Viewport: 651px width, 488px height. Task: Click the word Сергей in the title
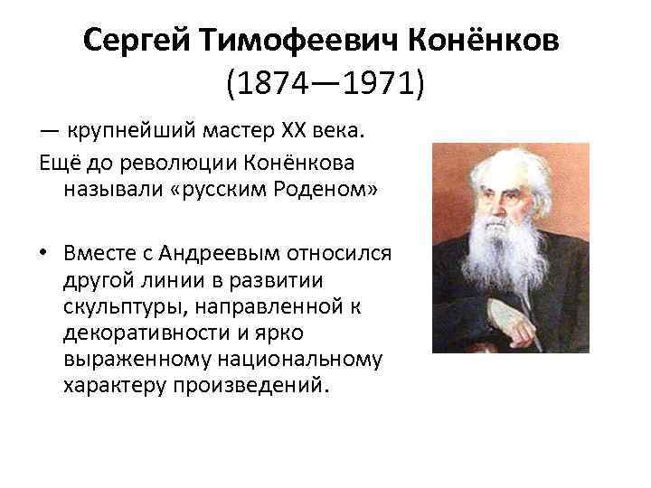pos(135,41)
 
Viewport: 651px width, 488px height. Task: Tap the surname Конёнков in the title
pos(476,41)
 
